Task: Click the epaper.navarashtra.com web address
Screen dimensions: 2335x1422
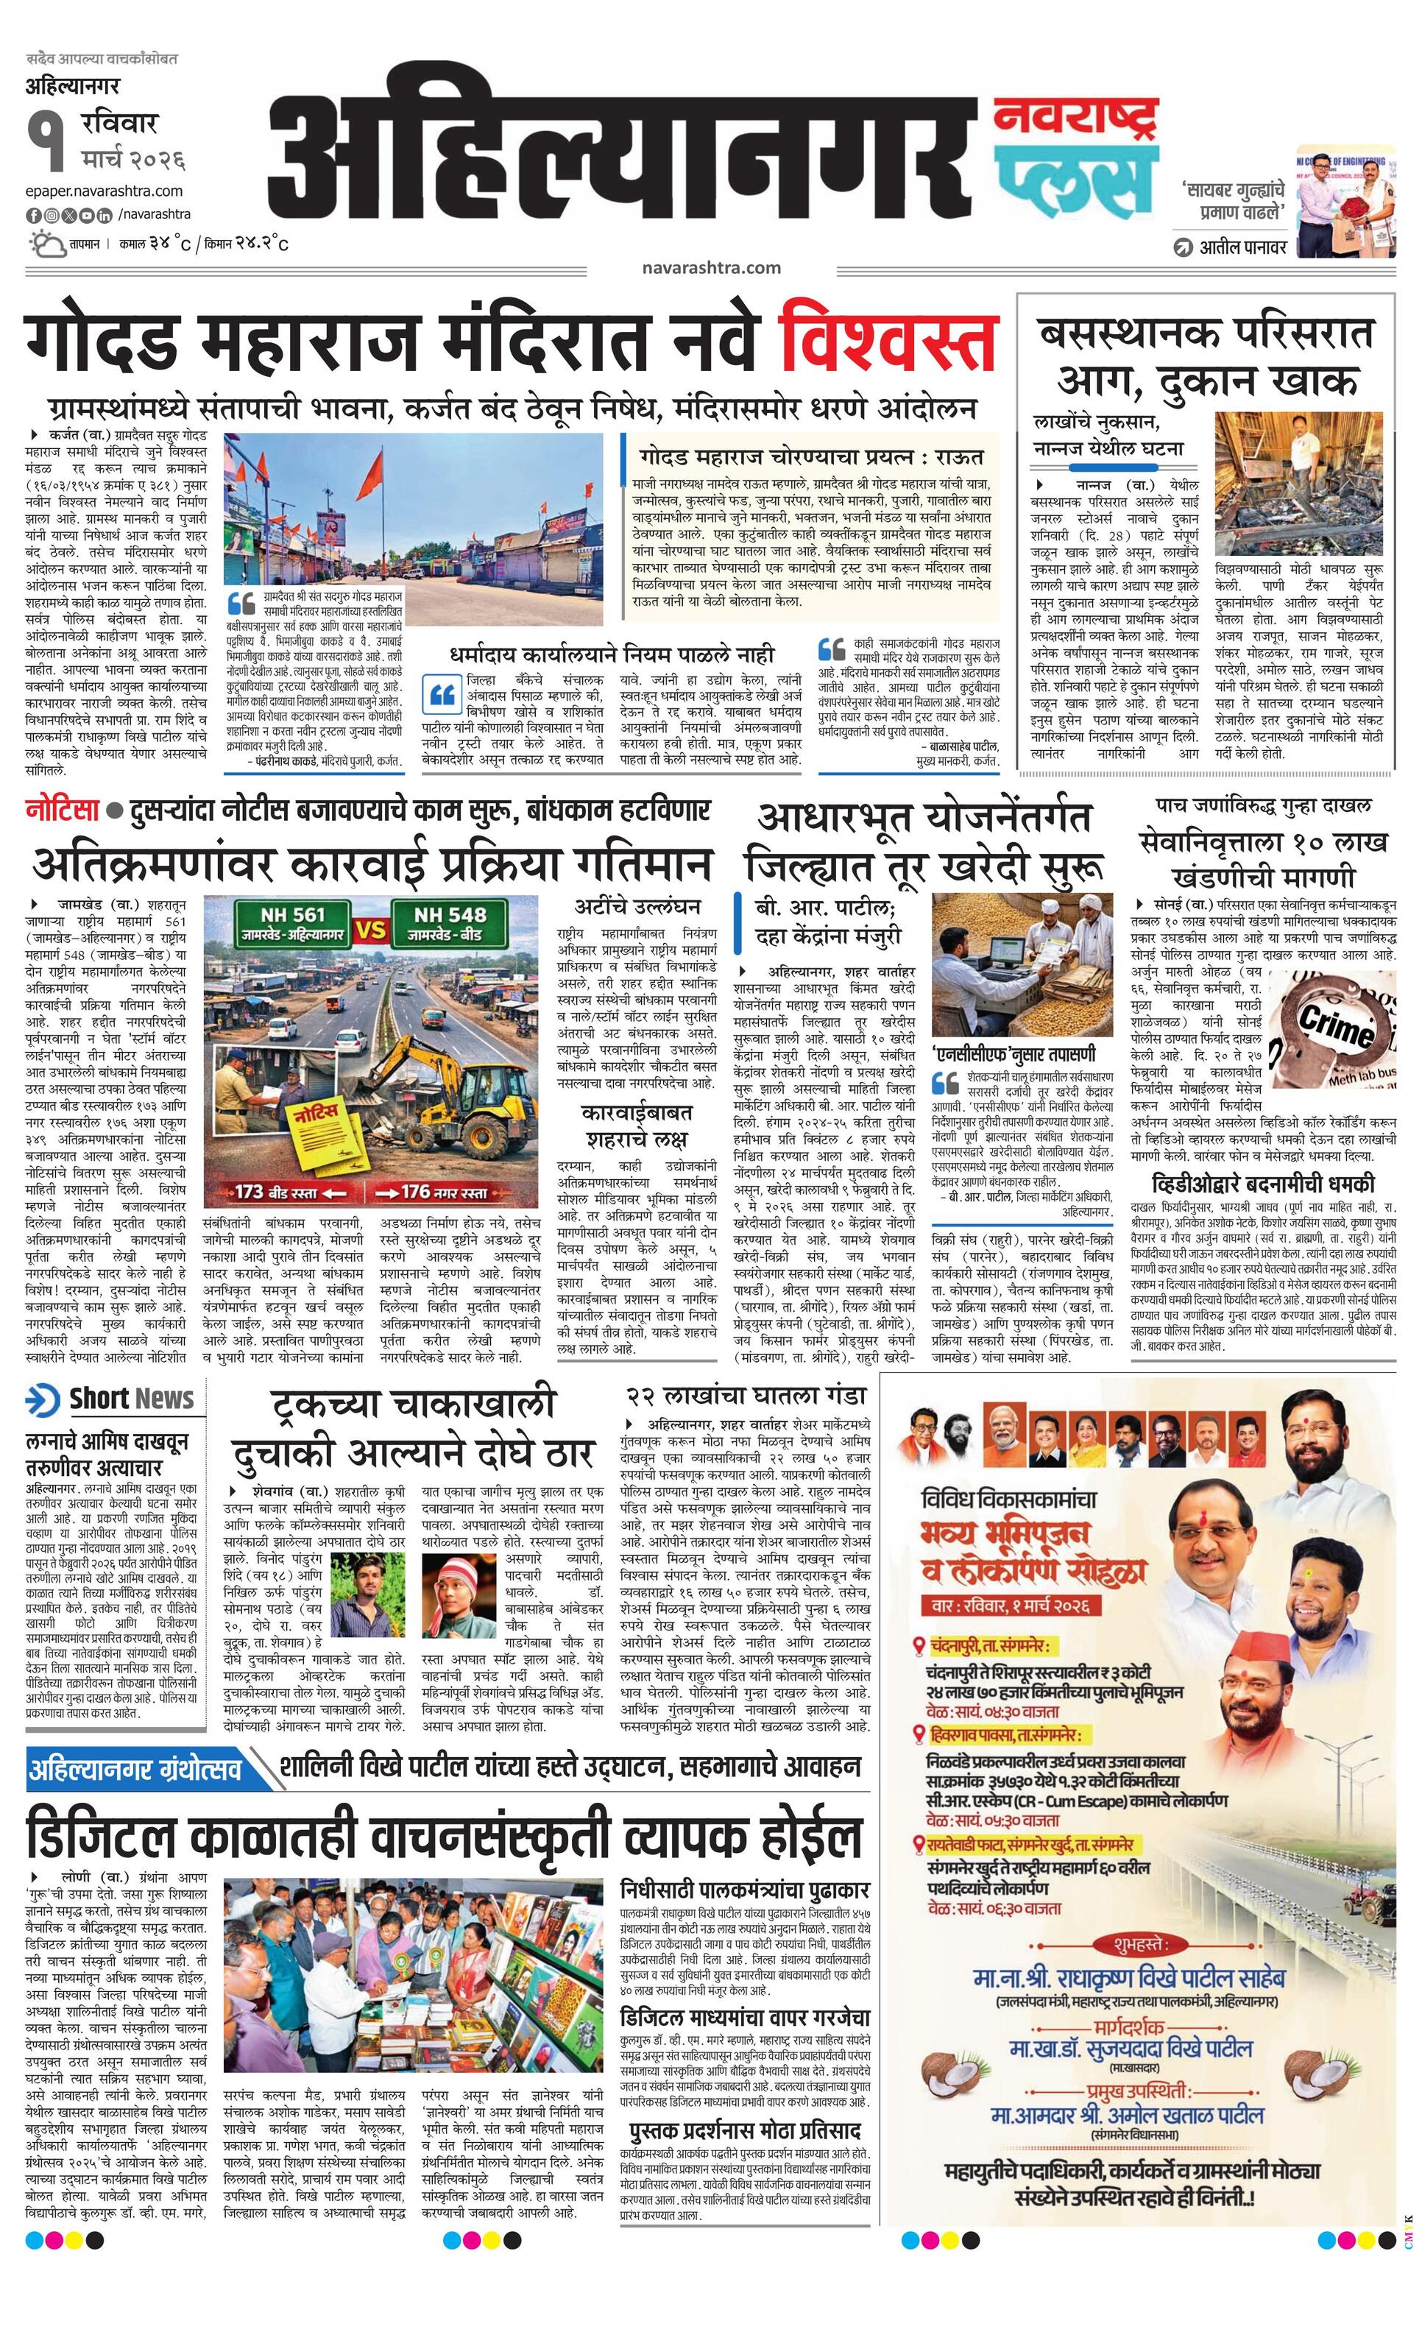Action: pyautogui.click(x=105, y=192)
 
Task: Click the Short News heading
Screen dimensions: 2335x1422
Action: pyautogui.click(x=130, y=1399)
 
